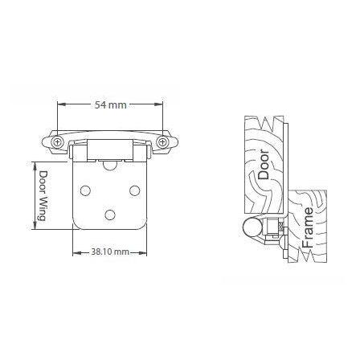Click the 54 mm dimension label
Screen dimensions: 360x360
[x=110, y=105]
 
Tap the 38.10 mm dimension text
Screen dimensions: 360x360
[x=110, y=252]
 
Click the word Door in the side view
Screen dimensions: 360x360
[x=264, y=165]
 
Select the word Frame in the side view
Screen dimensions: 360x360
[x=307, y=227]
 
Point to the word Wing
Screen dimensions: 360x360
[x=42, y=207]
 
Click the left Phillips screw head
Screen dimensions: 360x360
[x=57, y=142]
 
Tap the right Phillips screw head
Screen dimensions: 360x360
[x=162, y=142]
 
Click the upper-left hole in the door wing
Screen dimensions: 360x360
[x=85, y=190]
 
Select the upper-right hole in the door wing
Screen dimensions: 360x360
[x=134, y=190]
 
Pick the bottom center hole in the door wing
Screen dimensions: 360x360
[x=110, y=215]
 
